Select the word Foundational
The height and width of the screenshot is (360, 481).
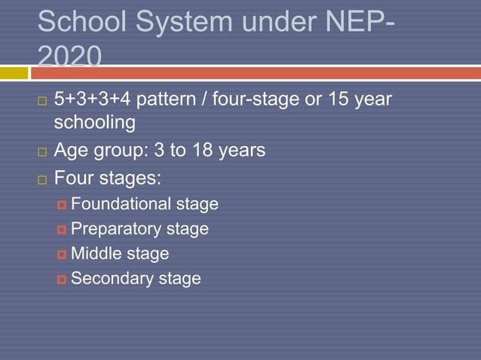point(121,204)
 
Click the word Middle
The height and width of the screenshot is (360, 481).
point(97,254)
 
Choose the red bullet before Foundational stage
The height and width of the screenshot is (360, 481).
point(61,205)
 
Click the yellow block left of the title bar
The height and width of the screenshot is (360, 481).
point(13,73)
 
